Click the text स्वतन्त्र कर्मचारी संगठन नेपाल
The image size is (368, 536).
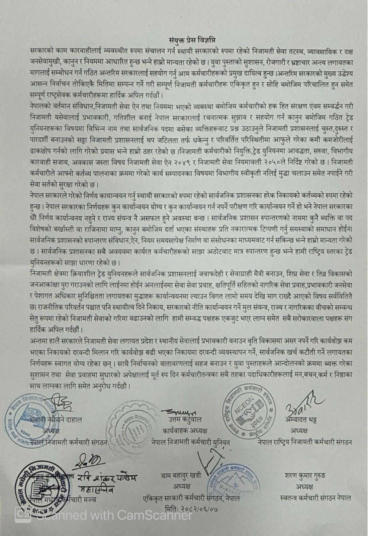315,498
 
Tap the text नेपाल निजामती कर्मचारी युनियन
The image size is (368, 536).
191,442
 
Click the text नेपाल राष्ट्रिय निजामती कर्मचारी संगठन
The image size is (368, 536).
305,442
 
